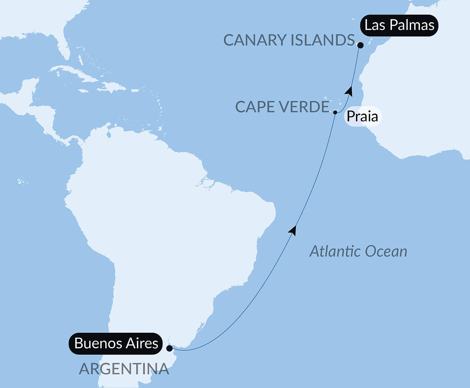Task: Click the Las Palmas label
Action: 399,25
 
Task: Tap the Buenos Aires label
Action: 116,343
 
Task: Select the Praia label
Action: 362,117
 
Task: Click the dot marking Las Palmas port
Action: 360,45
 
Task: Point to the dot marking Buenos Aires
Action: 169,348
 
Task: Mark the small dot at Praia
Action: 335,112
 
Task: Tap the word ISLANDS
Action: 322,40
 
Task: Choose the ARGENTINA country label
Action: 124,369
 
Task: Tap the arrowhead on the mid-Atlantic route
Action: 293,230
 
